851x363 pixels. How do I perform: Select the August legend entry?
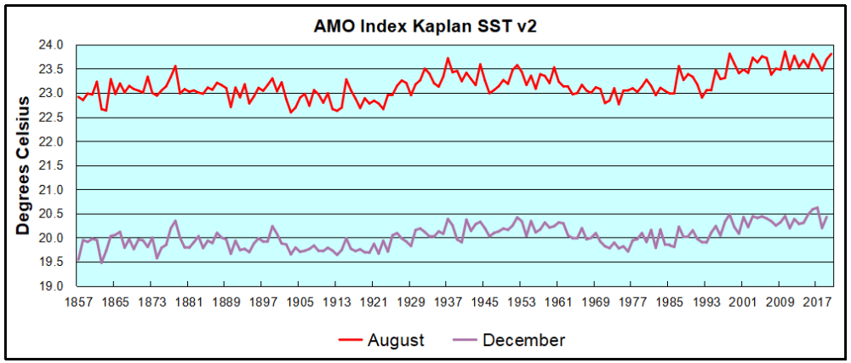[x=395, y=341]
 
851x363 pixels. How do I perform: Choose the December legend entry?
[x=523, y=341]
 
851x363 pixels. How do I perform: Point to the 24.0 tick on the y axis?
[x=54, y=44]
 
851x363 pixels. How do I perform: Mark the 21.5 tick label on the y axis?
[x=54, y=165]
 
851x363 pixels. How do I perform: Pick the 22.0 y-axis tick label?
[x=54, y=141]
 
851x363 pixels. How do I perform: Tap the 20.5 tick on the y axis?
[x=54, y=214]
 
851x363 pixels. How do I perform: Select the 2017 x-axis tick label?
[x=816, y=301]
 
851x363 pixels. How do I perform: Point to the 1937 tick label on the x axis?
[x=447, y=301]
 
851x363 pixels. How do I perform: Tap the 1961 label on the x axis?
[x=557, y=301]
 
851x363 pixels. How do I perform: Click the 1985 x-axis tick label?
[x=668, y=301]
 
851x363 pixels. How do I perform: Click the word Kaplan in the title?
[x=436, y=25]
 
